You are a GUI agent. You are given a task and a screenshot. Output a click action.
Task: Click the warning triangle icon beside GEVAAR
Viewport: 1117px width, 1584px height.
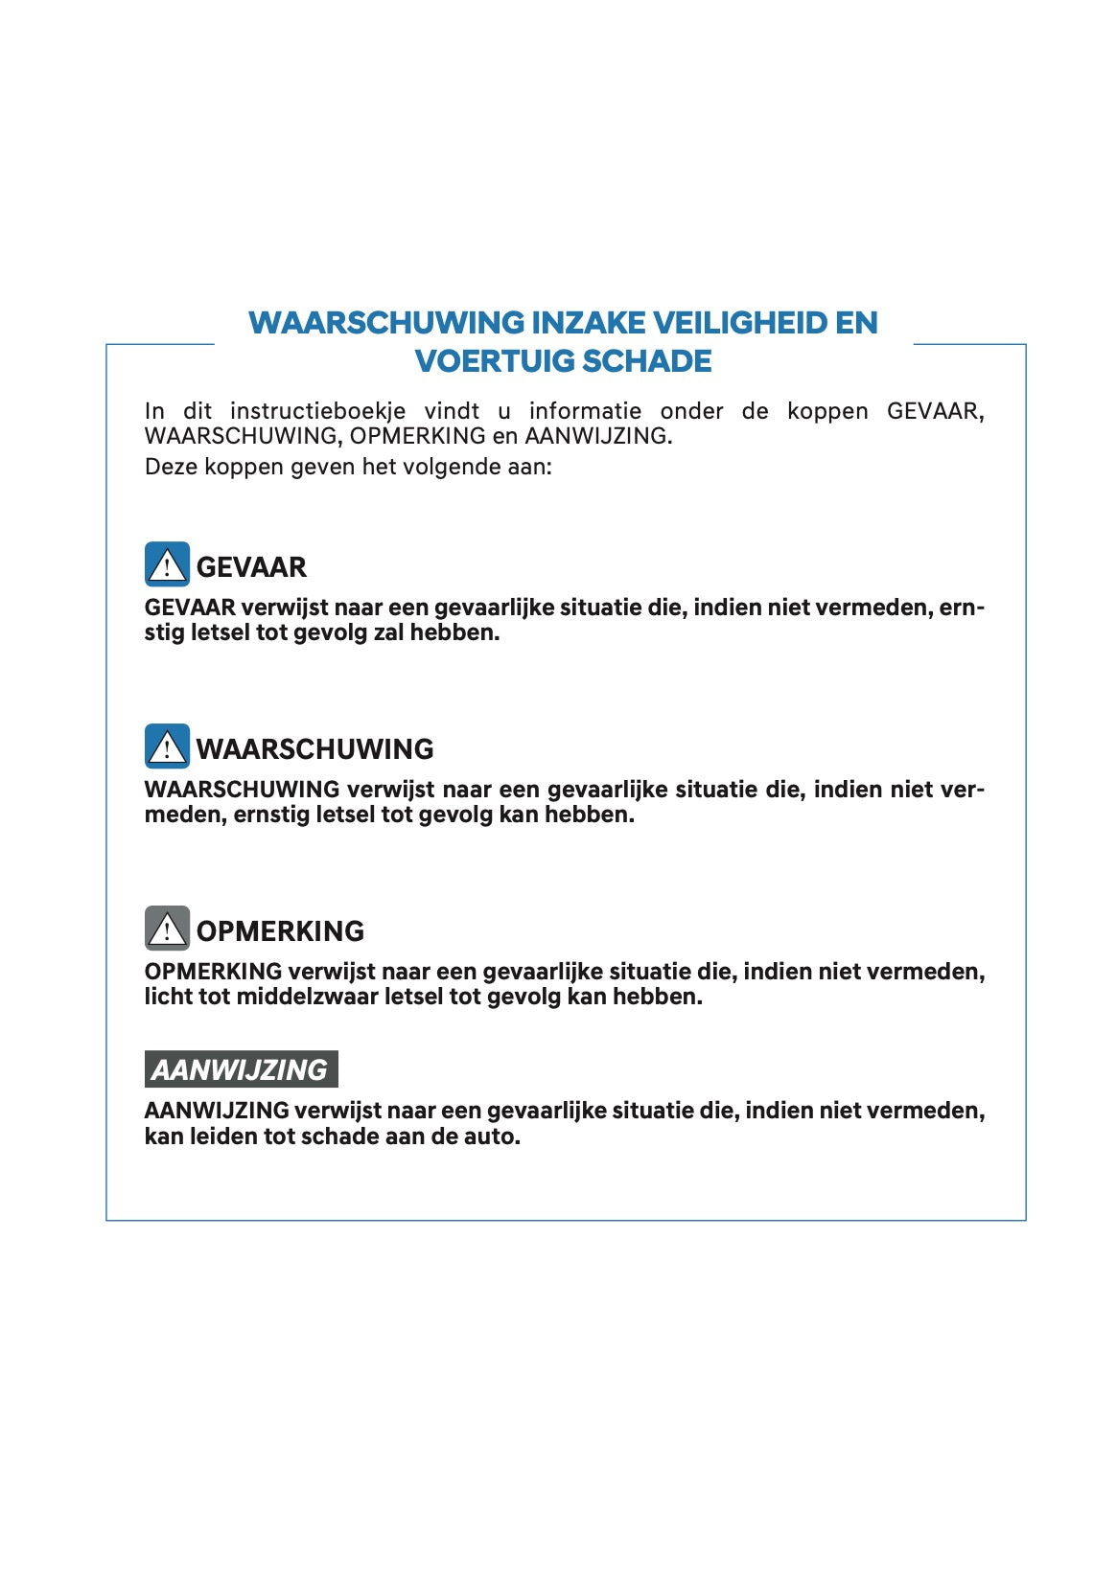click(167, 564)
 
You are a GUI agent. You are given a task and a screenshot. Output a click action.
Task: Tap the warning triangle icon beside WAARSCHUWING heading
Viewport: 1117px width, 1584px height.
click(167, 746)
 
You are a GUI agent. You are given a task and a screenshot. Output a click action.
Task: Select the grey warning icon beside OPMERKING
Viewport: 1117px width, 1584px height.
click(167, 929)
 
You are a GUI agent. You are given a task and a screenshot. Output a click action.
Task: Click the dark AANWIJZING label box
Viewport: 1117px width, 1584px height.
click(241, 1069)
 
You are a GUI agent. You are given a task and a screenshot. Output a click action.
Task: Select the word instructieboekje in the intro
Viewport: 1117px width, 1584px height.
click(317, 411)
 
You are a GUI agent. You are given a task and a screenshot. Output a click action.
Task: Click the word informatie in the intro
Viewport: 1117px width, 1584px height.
click(585, 411)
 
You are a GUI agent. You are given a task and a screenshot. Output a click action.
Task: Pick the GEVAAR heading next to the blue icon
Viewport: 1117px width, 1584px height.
click(251, 567)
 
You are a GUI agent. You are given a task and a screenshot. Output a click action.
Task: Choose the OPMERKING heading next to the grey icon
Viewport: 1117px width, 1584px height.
click(280, 931)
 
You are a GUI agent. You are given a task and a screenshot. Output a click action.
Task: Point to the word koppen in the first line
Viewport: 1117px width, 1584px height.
click(827, 411)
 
